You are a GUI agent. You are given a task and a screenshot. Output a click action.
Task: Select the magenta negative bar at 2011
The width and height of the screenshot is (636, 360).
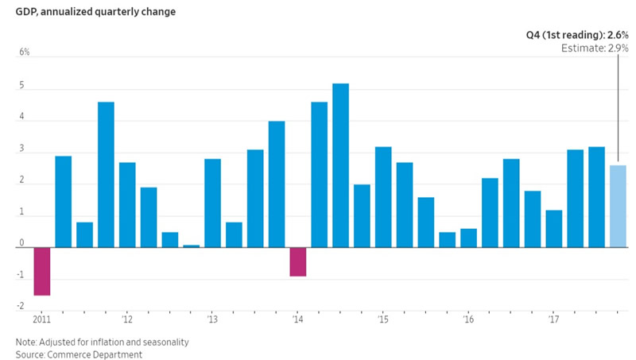(41, 271)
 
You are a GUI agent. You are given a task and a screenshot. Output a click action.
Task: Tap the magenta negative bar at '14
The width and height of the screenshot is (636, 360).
(298, 261)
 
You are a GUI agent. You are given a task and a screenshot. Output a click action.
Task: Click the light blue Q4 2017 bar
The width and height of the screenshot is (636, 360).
(618, 206)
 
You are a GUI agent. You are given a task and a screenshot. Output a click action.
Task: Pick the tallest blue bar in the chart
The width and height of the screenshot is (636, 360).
(340, 165)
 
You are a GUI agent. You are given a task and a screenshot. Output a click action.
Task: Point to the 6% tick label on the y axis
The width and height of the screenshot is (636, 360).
(25, 52)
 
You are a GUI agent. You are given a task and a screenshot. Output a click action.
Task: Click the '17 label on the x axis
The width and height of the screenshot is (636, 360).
(553, 319)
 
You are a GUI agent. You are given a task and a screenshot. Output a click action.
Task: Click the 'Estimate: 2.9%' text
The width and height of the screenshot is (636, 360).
(595, 48)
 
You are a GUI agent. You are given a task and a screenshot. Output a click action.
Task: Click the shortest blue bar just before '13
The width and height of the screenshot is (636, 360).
(191, 246)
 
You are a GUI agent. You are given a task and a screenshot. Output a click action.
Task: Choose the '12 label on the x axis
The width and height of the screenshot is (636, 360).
(126, 319)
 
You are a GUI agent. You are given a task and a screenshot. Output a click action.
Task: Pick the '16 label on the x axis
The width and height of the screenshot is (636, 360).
(468, 319)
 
